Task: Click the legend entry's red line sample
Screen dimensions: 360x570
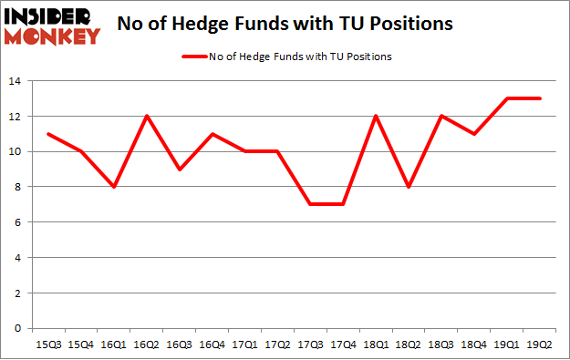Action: pos(197,57)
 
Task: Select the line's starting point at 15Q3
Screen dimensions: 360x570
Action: pos(47,134)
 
